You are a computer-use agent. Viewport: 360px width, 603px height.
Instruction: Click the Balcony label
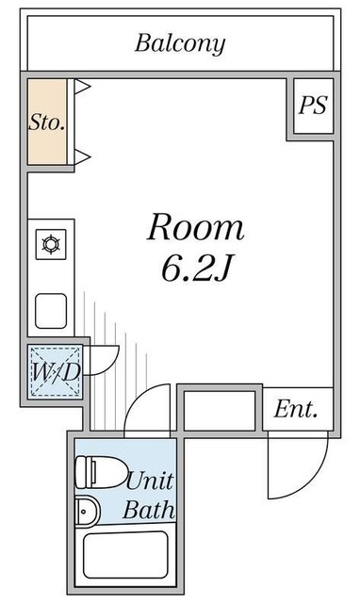coord(180,42)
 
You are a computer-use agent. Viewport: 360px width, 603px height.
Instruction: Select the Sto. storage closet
coord(46,122)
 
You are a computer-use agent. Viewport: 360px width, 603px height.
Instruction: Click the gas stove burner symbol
coord(51,246)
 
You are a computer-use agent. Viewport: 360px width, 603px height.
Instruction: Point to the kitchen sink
coord(51,309)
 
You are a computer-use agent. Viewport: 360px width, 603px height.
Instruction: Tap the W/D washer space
coord(54,373)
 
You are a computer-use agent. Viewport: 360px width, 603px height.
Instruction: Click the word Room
coord(196,227)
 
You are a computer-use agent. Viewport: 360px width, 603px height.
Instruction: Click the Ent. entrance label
coord(296,410)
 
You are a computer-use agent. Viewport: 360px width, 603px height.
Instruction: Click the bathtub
coord(125,554)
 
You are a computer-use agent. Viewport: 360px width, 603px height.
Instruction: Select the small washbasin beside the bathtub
coord(87,512)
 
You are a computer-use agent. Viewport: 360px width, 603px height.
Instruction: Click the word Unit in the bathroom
coord(150,481)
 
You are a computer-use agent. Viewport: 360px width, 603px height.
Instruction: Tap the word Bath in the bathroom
coord(150,512)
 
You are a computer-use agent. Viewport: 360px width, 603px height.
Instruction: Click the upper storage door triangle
coord(82,88)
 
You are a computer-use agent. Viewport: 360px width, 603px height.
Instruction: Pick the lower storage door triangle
coord(82,155)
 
